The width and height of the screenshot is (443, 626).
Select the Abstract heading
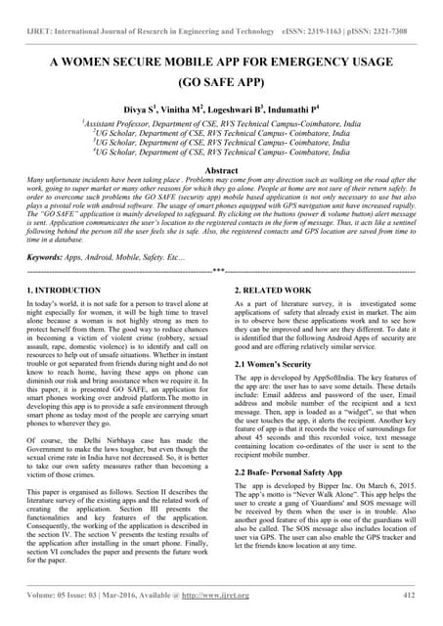tap(221, 170)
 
